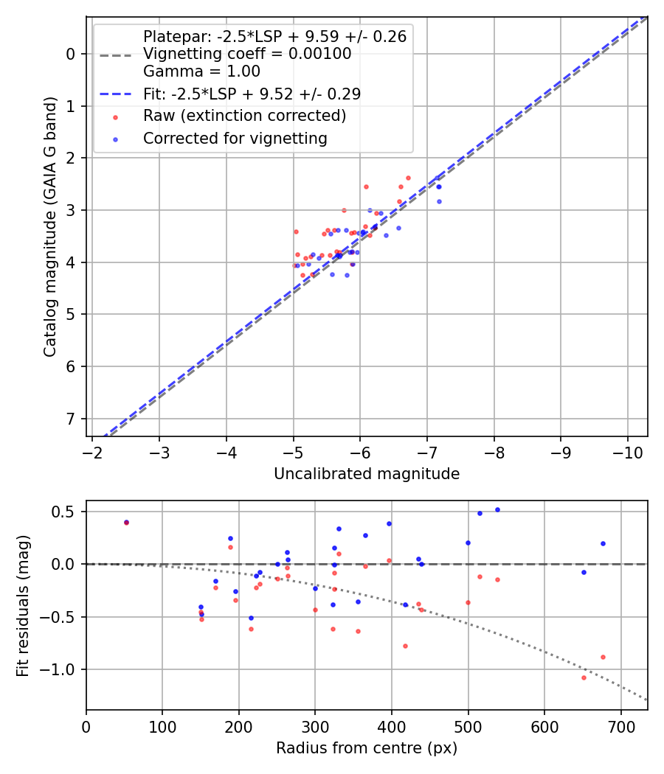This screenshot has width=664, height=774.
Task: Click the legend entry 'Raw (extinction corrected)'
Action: [x=244, y=116]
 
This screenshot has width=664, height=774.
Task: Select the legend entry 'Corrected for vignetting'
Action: [x=235, y=138]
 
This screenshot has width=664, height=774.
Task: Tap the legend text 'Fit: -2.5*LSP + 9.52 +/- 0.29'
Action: [x=252, y=94]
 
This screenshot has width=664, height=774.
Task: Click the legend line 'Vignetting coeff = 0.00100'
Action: [x=247, y=54]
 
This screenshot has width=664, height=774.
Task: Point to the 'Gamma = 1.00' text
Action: [x=201, y=72]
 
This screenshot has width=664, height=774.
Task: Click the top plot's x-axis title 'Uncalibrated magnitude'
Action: [x=367, y=474]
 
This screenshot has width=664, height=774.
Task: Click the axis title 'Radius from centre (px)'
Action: [x=367, y=748]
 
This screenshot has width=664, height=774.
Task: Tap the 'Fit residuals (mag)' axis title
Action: [x=24, y=605]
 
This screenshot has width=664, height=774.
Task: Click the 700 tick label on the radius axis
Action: [x=620, y=726]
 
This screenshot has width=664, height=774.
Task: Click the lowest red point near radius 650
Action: [x=584, y=677]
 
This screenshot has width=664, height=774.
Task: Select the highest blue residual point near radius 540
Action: [x=497, y=509]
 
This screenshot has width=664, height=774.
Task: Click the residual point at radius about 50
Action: [x=126, y=522]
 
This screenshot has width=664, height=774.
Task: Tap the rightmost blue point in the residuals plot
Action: [x=603, y=543]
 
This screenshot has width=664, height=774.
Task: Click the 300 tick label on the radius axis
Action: [x=315, y=726]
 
